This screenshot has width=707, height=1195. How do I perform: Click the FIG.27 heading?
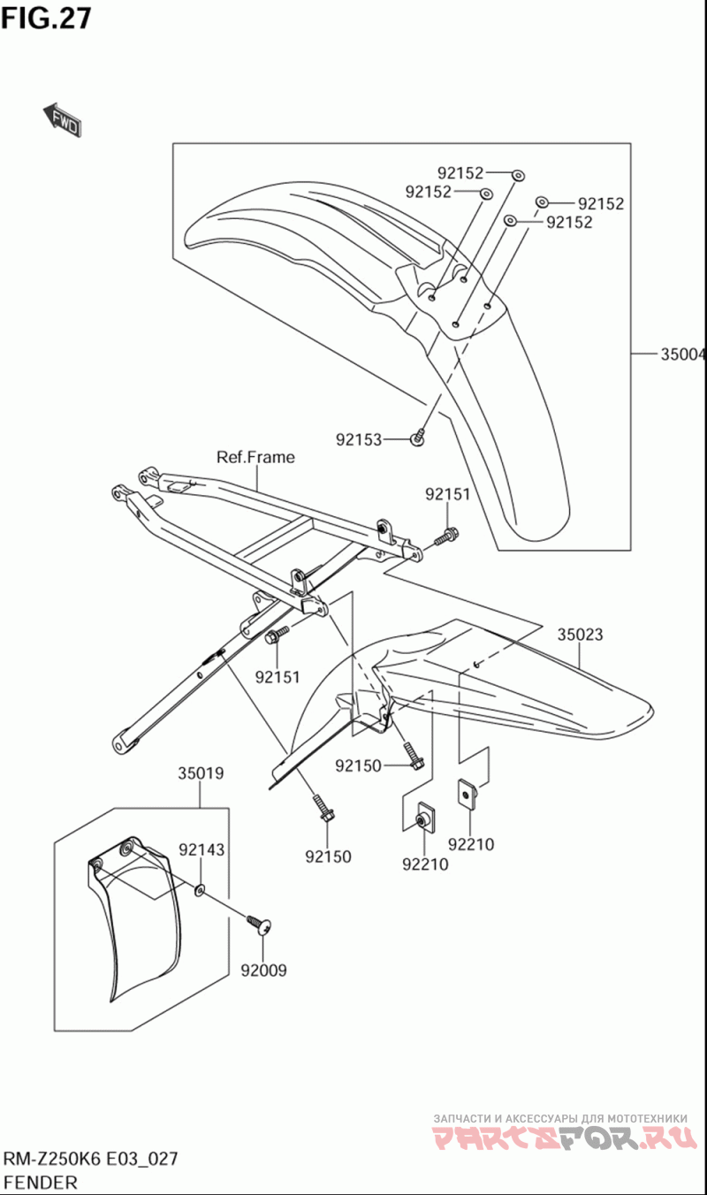click(x=46, y=19)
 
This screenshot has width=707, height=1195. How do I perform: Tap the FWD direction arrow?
click(x=63, y=120)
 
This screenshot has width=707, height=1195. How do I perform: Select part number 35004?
click(x=683, y=354)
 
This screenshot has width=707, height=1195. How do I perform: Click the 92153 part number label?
click(x=359, y=439)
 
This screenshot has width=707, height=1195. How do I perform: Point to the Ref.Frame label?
click(x=255, y=457)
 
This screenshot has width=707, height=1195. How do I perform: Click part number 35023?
click(x=581, y=635)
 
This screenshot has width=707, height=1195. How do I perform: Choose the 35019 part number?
click(x=201, y=773)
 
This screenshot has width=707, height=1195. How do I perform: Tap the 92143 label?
click(x=201, y=849)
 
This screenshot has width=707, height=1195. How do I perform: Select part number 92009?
click(x=263, y=970)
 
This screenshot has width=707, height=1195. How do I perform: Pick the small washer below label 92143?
click(x=200, y=889)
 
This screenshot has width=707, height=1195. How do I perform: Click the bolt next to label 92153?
click(x=418, y=437)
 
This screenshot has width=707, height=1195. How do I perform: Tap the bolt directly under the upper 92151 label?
click(x=447, y=536)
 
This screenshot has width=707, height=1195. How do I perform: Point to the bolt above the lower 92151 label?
click(x=277, y=634)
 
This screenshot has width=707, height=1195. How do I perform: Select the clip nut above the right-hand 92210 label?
click(x=467, y=795)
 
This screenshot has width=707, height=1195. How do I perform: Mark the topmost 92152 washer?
click(x=518, y=175)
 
